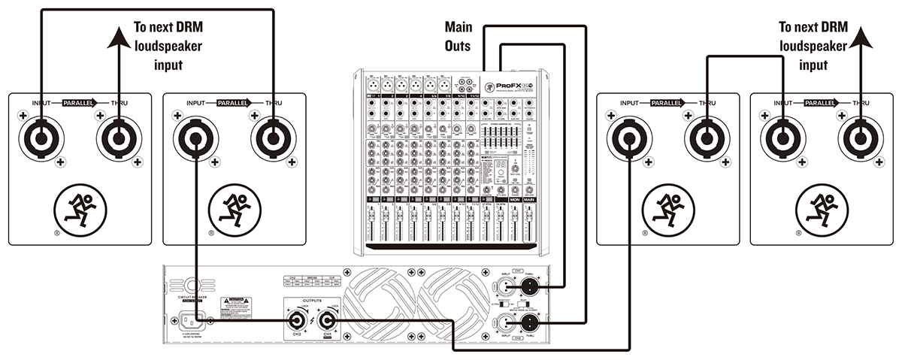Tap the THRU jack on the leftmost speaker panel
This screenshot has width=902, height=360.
tap(118, 138)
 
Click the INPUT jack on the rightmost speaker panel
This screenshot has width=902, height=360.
tap(782, 138)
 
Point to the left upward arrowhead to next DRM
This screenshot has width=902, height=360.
tap(118, 38)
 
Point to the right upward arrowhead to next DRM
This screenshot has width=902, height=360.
tap(860, 38)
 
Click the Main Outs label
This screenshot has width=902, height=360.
tap(459, 37)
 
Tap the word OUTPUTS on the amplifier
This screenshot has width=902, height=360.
tap(313, 301)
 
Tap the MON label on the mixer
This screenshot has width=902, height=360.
tap(515, 200)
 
